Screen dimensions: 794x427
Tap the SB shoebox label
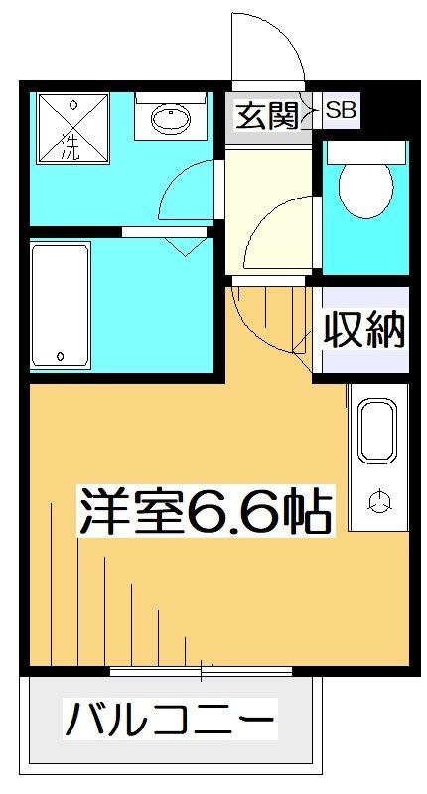[342, 112]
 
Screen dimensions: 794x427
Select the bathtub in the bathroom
[62, 305]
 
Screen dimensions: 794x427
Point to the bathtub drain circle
[61, 355]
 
